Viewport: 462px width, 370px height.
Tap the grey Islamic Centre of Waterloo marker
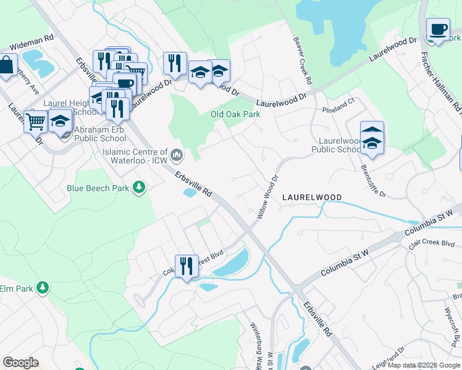coord(177,154)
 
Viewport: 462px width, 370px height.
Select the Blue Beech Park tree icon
coord(140,187)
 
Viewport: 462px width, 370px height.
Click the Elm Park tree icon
coord(42,288)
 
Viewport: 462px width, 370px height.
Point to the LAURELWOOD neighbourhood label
coord(312,197)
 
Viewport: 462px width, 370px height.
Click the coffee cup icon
coord(438,30)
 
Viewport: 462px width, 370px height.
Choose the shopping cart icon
coord(36,121)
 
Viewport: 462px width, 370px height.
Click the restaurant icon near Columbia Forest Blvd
coord(187,266)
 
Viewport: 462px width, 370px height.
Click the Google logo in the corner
coord(21,363)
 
